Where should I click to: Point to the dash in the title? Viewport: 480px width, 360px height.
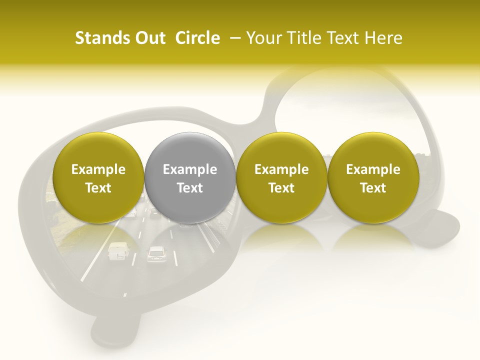233,38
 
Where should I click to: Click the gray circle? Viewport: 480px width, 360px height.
189,177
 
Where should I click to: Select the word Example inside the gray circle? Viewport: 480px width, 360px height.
189,169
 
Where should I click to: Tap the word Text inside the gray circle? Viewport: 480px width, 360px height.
189,188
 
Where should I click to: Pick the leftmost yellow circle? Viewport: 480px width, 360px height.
98,177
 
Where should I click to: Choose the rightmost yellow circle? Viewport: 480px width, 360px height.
373,177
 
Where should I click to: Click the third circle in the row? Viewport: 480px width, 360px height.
281,177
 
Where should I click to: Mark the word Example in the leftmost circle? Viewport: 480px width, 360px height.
98,169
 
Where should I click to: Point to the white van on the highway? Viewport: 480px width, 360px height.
117,251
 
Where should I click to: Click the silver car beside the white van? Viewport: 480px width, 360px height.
156,254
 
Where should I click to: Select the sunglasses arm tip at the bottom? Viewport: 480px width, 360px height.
115,327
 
